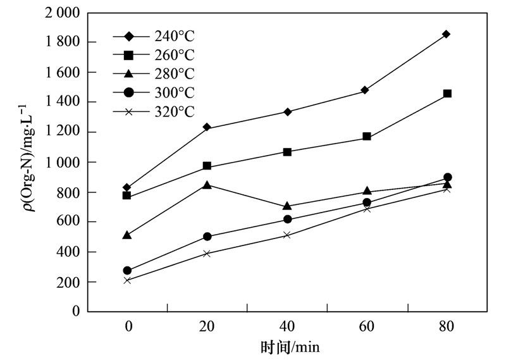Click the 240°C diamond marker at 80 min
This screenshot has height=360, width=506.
tap(447, 34)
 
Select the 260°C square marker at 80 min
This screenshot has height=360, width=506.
tap(447, 94)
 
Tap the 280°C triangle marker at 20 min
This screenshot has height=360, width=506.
tap(207, 185)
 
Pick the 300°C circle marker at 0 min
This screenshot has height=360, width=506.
tap(127, 271)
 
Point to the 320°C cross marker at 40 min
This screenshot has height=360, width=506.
tap(287, 235)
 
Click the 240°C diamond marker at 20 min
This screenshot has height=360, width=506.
tap(207, 128)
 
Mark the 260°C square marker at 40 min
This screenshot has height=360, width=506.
tap(287, 152)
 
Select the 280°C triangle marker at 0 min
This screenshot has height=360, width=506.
tap(127, 235)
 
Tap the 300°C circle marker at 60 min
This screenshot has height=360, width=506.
tap(367, 202)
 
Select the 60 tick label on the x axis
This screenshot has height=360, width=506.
tap(367, 326)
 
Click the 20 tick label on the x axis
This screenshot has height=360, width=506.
tap(207, 326)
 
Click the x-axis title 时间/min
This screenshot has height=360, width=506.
tap(287, 347)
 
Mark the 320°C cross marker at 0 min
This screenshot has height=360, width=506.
tap(127, 280)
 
